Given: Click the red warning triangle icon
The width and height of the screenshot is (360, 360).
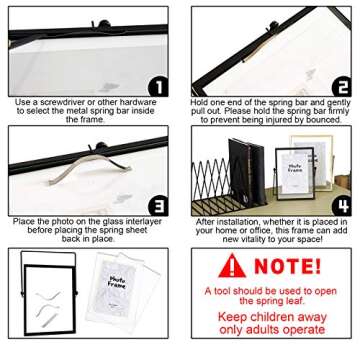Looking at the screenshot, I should [232, 265].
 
